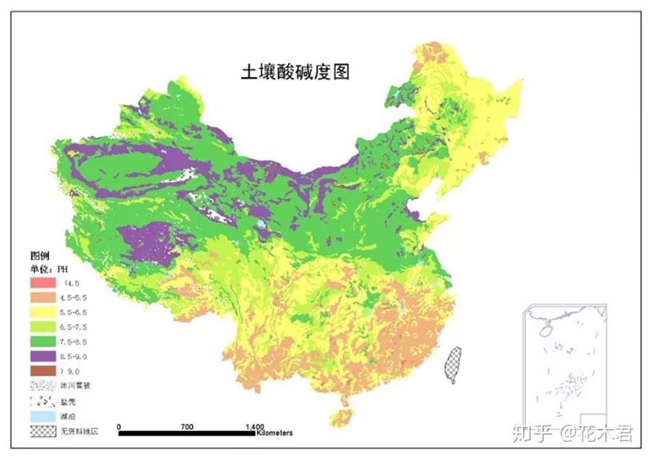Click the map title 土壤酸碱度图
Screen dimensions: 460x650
[x=295, y=73]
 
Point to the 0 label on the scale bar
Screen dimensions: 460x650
[x=118, y=427]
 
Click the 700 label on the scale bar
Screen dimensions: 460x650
[x=187, y=427]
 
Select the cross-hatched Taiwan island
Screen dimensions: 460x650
[x=453, y=363]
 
